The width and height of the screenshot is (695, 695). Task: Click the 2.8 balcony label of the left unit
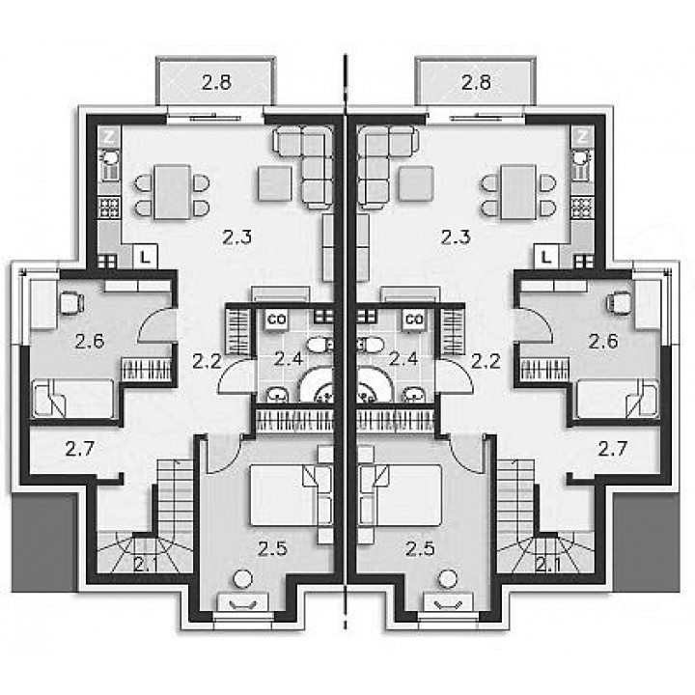point(216,82)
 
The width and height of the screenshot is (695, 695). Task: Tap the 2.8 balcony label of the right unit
point(476,82)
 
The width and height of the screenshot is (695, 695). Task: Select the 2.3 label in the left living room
point(237,237)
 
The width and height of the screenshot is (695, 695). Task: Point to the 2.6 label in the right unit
point(603,342)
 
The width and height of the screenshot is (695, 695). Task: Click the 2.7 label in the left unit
point(80,449)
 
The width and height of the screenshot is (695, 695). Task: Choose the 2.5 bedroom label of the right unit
point(421,549)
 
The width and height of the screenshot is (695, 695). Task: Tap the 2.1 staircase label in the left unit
point(145,565)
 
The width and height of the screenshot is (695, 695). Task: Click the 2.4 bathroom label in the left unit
point(288,358)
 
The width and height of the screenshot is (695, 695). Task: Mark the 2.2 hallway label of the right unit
point(486,362)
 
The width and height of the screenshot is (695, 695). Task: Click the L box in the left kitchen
point(146,256)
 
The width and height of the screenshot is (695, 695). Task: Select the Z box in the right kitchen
point(582,136)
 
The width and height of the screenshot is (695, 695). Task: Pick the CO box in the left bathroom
point(277,319)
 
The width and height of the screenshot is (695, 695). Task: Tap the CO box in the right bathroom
point(414,319)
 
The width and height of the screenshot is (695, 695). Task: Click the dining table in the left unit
point(173,192)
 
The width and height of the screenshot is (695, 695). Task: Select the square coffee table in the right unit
point(415,183)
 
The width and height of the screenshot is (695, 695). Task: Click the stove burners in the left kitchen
point(109,208)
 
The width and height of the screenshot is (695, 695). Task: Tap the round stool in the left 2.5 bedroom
point(242,579)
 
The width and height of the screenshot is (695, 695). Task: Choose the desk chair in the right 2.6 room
point(621,302)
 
